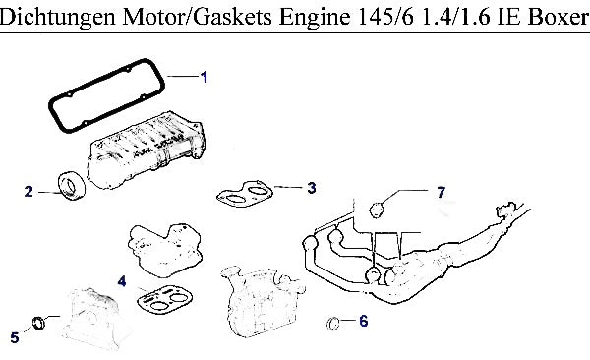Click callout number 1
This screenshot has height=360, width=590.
click(x=204, y=77)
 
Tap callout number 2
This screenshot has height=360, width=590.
click(x=29, y=191)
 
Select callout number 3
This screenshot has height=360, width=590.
click(x=311, y=188)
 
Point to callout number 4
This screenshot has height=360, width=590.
click(x=122, y=281)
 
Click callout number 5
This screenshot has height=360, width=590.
click(x=15, y=337)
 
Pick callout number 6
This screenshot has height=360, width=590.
click(x=363, y=321)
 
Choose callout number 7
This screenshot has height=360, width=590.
click(x=441, y=192)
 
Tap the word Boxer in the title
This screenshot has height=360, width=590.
click(x=558, y=17)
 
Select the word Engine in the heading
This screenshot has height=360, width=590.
click(x=315, y=18)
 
